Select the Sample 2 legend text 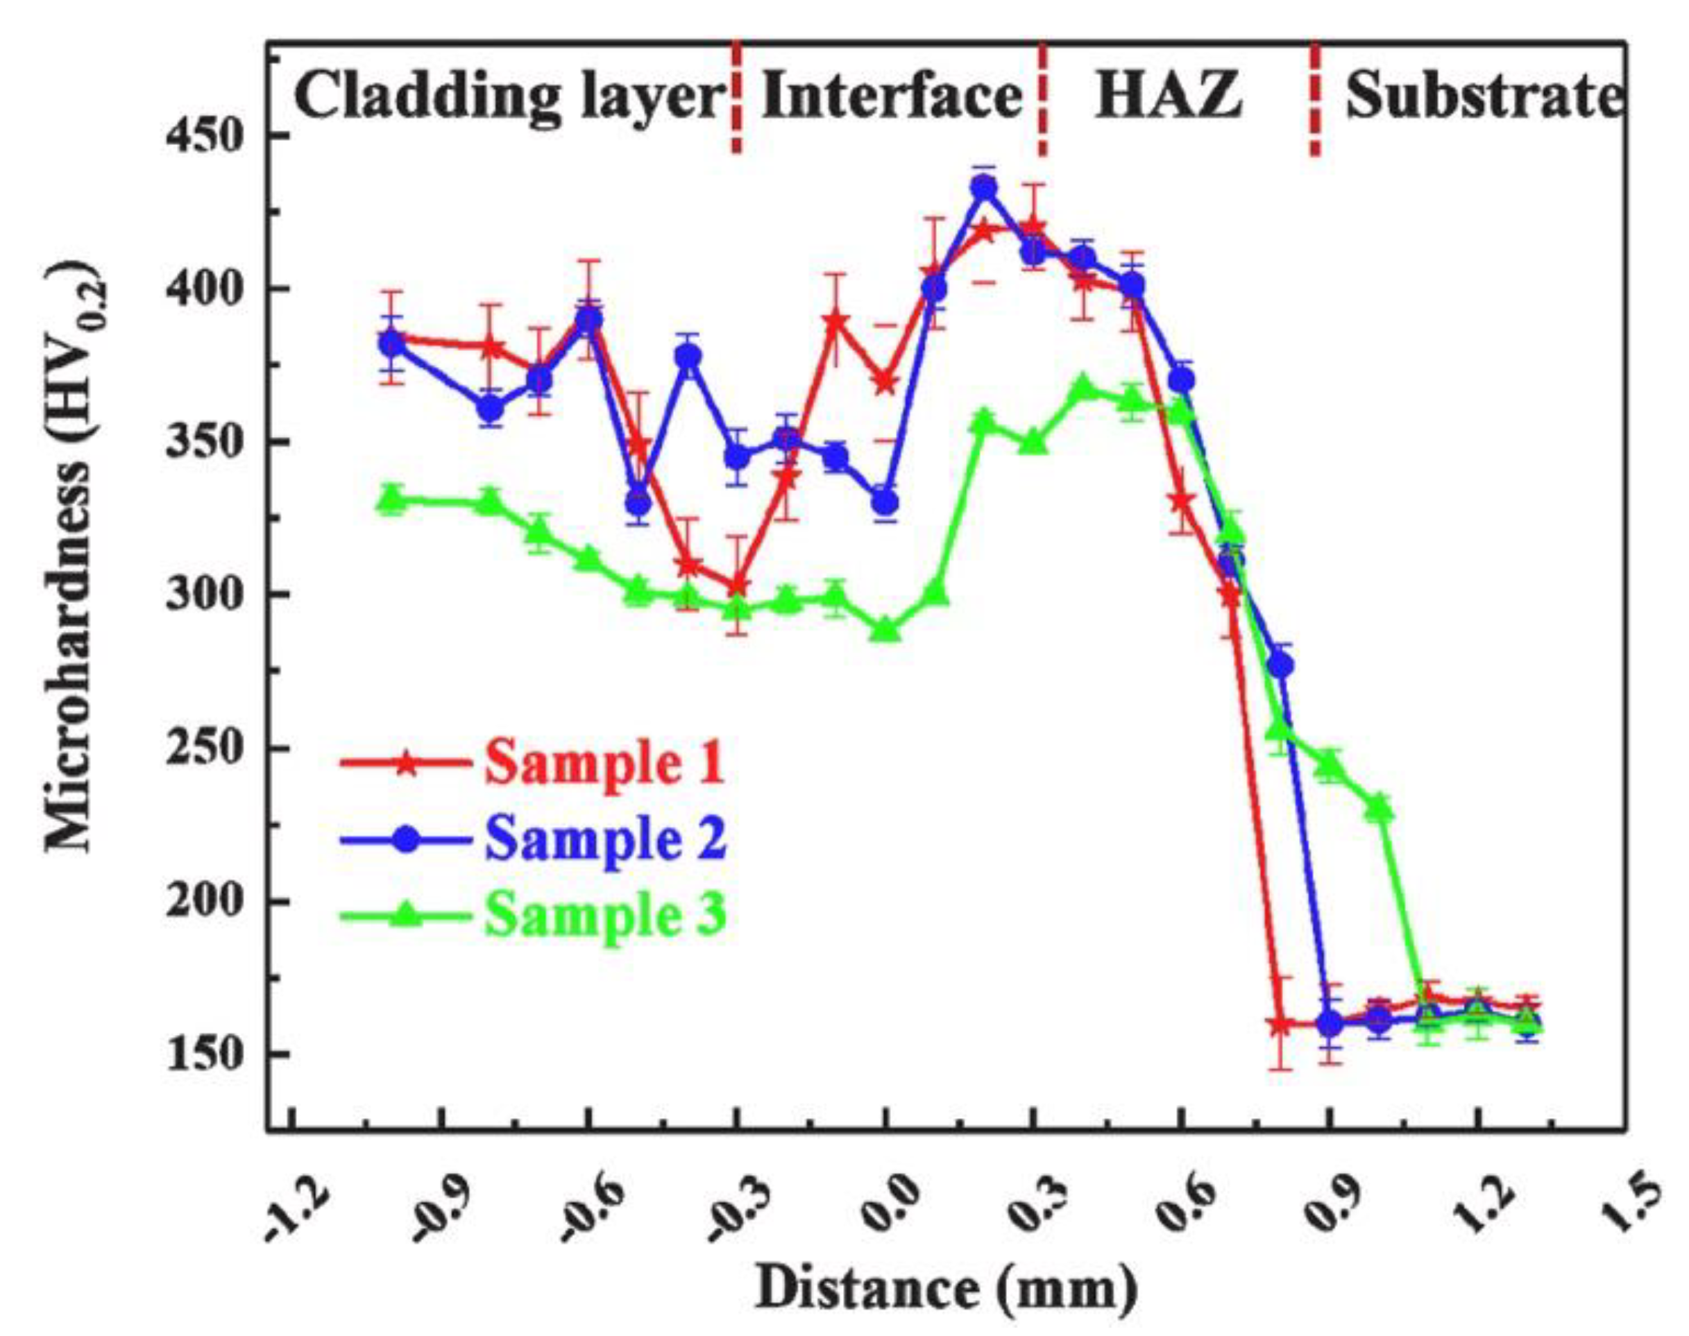point(604,839)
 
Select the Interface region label point(891,96)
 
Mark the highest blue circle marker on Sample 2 point(984,188)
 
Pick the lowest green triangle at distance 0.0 point(885,630)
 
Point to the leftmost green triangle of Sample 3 point(391,497)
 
